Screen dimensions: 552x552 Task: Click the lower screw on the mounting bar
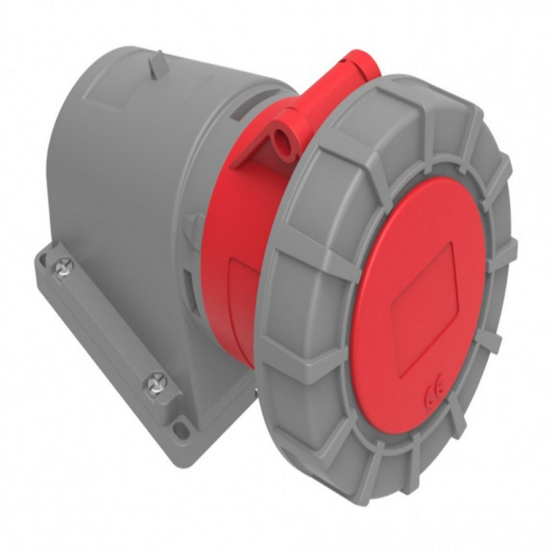pyautogui.click(x=156, y=385)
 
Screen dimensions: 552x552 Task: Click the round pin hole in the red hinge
pyautogui.click(x=283, y=135)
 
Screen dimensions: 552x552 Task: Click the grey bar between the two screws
pyautogui.click(x=107, y=325)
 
